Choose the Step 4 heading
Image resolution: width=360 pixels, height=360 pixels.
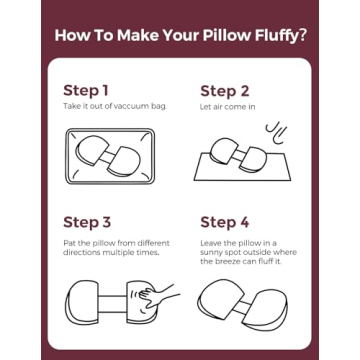coord(226,222)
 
